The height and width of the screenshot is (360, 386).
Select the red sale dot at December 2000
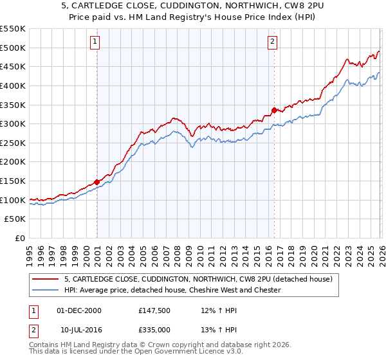pyautogui.click(x=96, y=182)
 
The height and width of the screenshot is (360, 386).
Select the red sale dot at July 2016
pyautogui.click(x=274, y=110)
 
